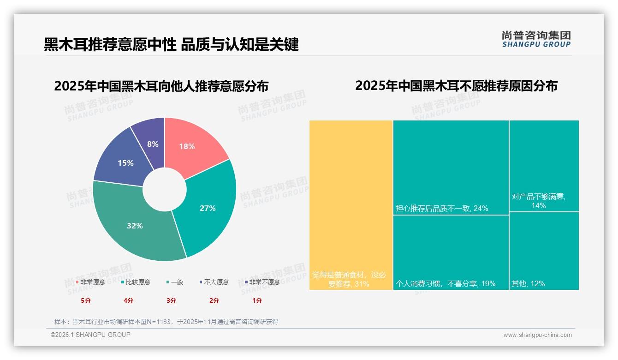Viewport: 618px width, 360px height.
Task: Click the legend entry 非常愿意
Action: point(90,282)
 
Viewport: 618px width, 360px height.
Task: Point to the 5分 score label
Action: point(86,300)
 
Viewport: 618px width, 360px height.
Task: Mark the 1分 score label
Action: point(257,300)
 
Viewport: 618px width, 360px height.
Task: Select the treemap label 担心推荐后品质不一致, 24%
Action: point(441,208)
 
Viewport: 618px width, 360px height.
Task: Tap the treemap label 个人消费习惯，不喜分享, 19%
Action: point(446,283)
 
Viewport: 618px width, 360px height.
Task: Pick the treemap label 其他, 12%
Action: point(528,283)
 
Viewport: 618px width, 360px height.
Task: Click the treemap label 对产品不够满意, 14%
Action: point(538,200)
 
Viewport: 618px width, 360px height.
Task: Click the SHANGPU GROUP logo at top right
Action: point(536,39)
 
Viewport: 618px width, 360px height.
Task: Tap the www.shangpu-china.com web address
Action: point(537,335)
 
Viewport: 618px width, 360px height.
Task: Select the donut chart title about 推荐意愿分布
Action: point(161,86)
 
